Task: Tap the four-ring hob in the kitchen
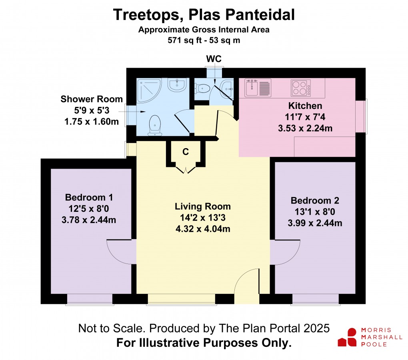click(x=300, y=88)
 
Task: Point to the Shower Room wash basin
click(x=176, y=85)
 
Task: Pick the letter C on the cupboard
click(x=186, y=152)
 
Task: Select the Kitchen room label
click(x=305, y=106)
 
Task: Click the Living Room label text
click(x=203, y=207)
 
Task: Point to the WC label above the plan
click(x=214, y=59)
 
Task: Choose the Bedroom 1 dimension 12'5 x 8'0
click(x=89, y=209)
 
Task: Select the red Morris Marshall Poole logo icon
click(x=347, y=337)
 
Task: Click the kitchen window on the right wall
click(x=361, y=116)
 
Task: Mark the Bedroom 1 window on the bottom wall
click(x=90, y=299)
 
